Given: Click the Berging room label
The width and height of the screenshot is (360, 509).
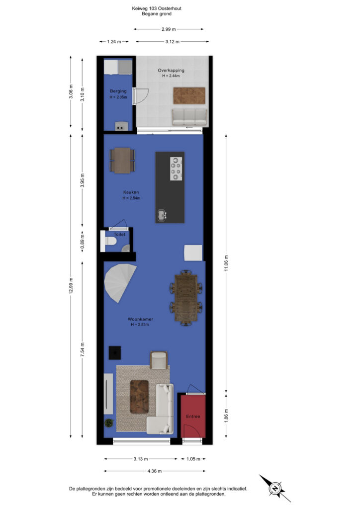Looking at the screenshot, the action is (118, 91).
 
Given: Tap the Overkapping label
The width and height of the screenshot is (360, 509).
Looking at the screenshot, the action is (171, 70).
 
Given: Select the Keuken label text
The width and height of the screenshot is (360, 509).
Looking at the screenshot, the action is (131, 192).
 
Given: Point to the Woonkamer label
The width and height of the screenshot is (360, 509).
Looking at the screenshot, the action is (140, 319).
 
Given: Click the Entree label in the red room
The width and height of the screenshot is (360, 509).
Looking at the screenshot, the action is (193, 416).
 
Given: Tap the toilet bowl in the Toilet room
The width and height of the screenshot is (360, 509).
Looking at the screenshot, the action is (111, 241).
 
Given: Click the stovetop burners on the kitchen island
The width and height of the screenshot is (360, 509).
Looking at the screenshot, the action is (176, 169).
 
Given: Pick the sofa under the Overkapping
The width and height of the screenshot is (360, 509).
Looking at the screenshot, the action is (189, 117).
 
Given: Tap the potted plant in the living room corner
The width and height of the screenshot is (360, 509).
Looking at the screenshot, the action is (109, 423).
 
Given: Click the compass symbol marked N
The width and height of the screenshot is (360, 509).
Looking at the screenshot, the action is (275, 489).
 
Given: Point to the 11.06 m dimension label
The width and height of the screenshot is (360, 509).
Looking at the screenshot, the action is (226, 263).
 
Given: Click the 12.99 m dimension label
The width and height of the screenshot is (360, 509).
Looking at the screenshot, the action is (71, 286).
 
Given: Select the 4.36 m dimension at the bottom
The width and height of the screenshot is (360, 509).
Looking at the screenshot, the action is (155, 471).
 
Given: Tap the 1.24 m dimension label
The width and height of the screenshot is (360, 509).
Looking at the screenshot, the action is (114, 42).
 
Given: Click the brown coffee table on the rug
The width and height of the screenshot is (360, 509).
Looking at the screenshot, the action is (139, 397).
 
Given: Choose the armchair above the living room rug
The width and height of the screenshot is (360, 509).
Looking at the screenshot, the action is (159, 360).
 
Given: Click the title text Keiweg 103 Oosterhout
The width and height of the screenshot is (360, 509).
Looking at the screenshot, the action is (157, 8).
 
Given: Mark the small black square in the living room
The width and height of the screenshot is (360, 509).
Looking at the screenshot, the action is (114, 352).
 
